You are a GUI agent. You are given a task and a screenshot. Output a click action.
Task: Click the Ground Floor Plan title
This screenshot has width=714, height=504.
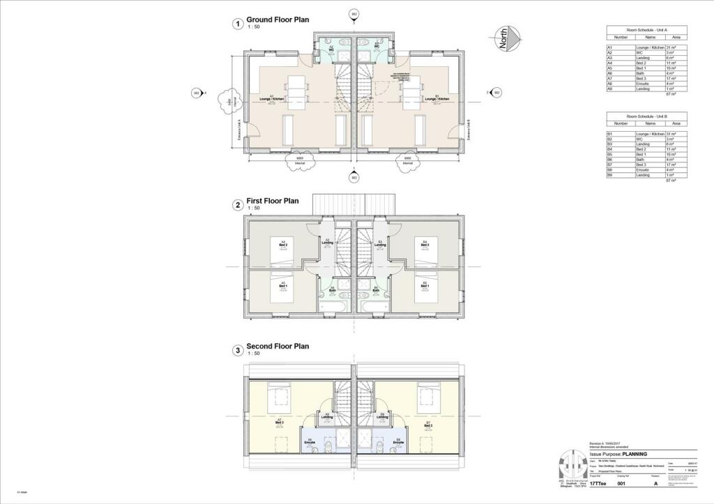278,20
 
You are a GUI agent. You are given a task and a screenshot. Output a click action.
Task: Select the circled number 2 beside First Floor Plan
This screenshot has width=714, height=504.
238,205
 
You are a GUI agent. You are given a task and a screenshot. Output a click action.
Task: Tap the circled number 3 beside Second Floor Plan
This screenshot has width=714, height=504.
238,350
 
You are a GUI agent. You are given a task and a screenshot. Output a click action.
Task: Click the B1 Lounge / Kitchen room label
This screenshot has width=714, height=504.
436,99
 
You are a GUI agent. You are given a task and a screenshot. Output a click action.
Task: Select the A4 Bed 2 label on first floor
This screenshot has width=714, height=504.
283,244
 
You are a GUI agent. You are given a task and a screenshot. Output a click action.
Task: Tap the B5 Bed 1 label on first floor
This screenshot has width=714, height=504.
425,286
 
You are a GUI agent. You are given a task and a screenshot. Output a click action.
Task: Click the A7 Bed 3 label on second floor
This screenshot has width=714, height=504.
279,422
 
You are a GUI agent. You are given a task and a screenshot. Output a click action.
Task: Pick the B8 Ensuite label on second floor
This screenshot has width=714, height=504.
398,441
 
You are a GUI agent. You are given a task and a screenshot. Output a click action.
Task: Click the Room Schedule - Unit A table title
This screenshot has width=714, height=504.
646,31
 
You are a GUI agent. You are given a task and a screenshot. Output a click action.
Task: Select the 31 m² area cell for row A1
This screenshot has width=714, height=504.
673,47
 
